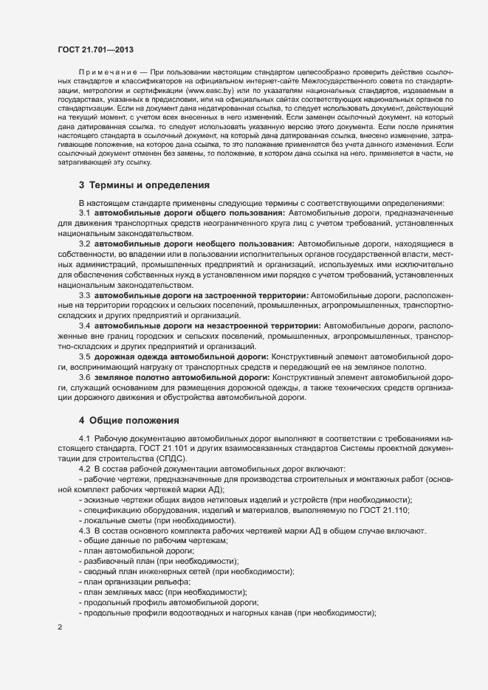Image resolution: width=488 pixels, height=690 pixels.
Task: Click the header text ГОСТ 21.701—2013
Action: [95, 49]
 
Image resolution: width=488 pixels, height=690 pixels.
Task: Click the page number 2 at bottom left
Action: [59, 628]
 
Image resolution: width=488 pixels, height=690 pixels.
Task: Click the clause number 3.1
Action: [85, 213]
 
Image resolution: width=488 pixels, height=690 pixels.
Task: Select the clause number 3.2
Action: [85, 244]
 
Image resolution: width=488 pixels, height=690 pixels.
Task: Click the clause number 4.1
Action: [85, 438]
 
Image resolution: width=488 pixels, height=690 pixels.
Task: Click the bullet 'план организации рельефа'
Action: [132, 582]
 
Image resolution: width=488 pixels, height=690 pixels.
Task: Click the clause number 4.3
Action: [85, 531]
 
